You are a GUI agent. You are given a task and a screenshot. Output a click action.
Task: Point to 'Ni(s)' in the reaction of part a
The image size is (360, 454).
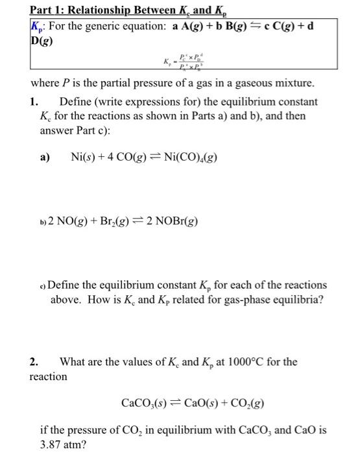point(82,156)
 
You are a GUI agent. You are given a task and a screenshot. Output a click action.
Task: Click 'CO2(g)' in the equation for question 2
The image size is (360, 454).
point(242,403)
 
